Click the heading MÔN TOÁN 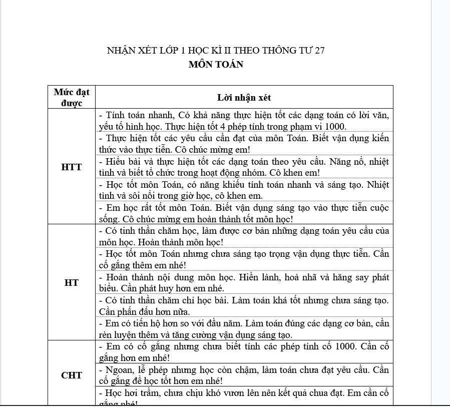pyautogui.click(x=216, y=65)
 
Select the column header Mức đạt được pyautogui.click(x=72, y=97)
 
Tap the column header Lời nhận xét pyautogui.click(x=244, y=98)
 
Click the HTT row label pyautogui.click(x=72, y=167)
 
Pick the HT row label pyautogui.click(x=72, y=283)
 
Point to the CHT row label pyautogui.click(x=72, y=375)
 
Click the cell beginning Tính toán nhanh pyautogui.click(x=244, y=121)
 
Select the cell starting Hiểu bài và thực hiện pyautogui.click(x=244, y=167)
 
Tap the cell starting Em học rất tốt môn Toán pyautogui.click(x=244, y=213)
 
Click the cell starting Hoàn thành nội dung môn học pyautogui.click(x=244, y=282)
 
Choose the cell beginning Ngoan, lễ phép pyautogui.click(x=244, y=375)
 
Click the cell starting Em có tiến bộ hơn pyautogui.click(x=244, y=329)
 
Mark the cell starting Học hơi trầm pyautogui.click(x=244, y=397)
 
